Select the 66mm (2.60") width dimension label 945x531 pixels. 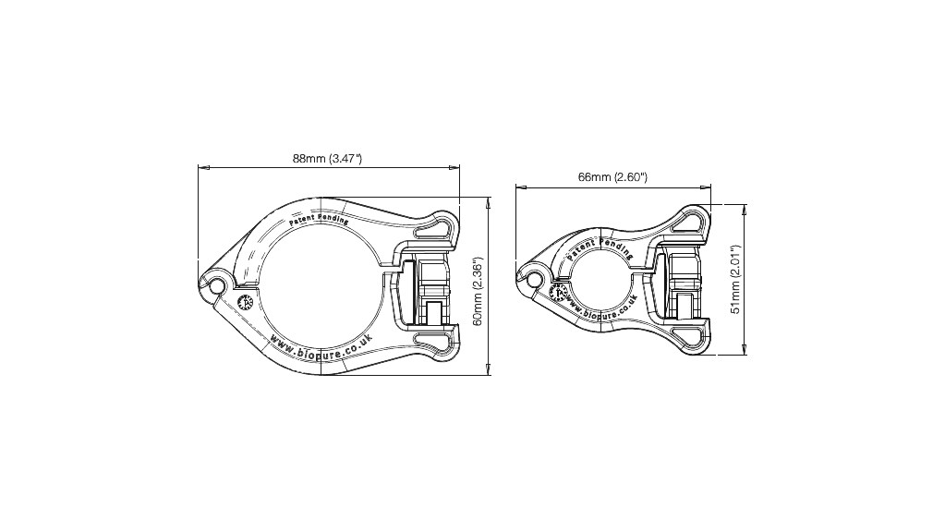[612, 177]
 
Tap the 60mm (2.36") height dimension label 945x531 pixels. [478, 291]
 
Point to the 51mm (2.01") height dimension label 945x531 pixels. [736, 280]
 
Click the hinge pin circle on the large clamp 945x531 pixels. [216, 286]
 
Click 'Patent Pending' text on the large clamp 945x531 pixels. [320, 221]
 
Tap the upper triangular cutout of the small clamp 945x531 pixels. [688, 221]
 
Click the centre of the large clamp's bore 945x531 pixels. [318, 287]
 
